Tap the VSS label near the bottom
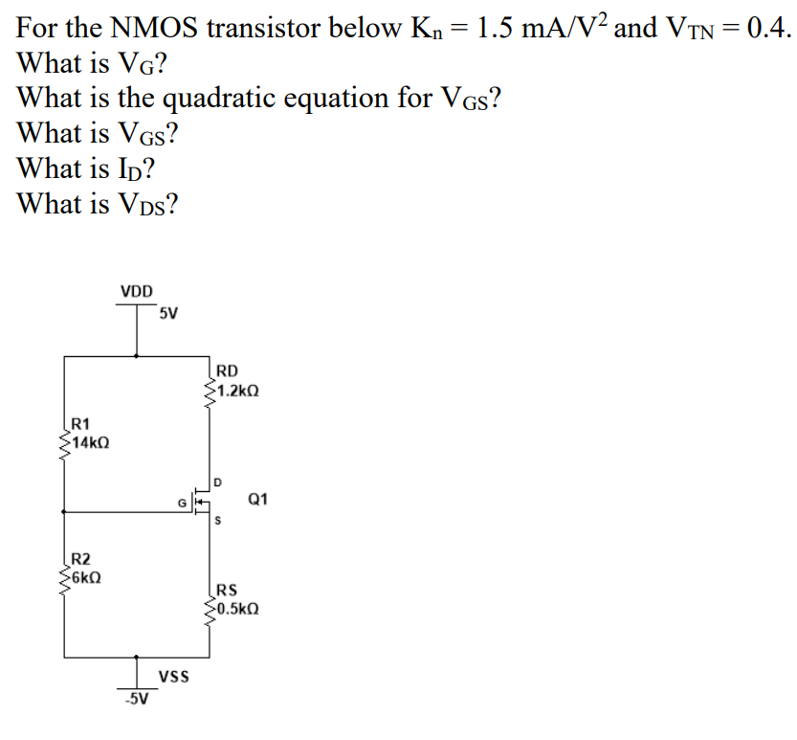click(x=173, y=676)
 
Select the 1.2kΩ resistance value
click(x=237, y=391)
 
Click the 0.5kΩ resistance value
click(x=237, y=607)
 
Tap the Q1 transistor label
click(x=258, y=499)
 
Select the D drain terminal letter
click(x=217, y=481)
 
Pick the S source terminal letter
click(x=218, y=522)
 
